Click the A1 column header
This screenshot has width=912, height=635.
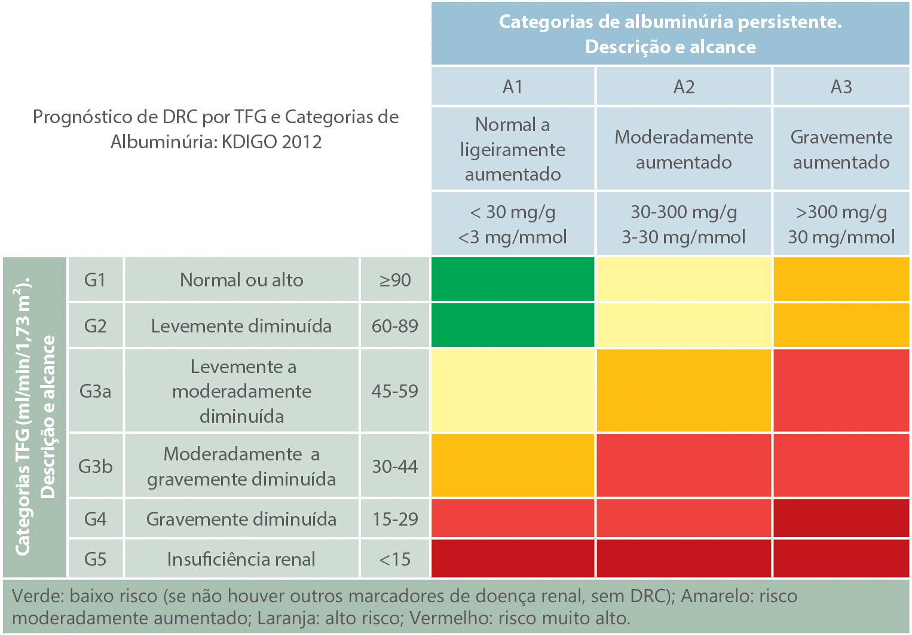513,87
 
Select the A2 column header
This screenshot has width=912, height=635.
684,87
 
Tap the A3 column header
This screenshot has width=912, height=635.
841,87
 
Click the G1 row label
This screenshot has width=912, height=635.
95,280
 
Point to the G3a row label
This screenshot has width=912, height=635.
95,391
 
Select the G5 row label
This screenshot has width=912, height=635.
95,559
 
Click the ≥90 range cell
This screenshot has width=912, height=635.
395,280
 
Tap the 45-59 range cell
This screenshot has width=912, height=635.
395,391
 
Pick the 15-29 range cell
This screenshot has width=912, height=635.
395,519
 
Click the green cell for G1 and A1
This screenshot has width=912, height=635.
513,279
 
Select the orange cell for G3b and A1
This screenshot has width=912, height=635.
513,466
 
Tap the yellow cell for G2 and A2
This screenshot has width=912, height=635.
684,325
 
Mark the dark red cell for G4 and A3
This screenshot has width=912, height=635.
841,518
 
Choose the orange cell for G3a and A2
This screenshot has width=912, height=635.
684,390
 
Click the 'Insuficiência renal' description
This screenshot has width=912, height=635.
241,559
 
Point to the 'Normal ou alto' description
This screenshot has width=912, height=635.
241,280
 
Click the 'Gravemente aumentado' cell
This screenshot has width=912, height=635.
841,149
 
